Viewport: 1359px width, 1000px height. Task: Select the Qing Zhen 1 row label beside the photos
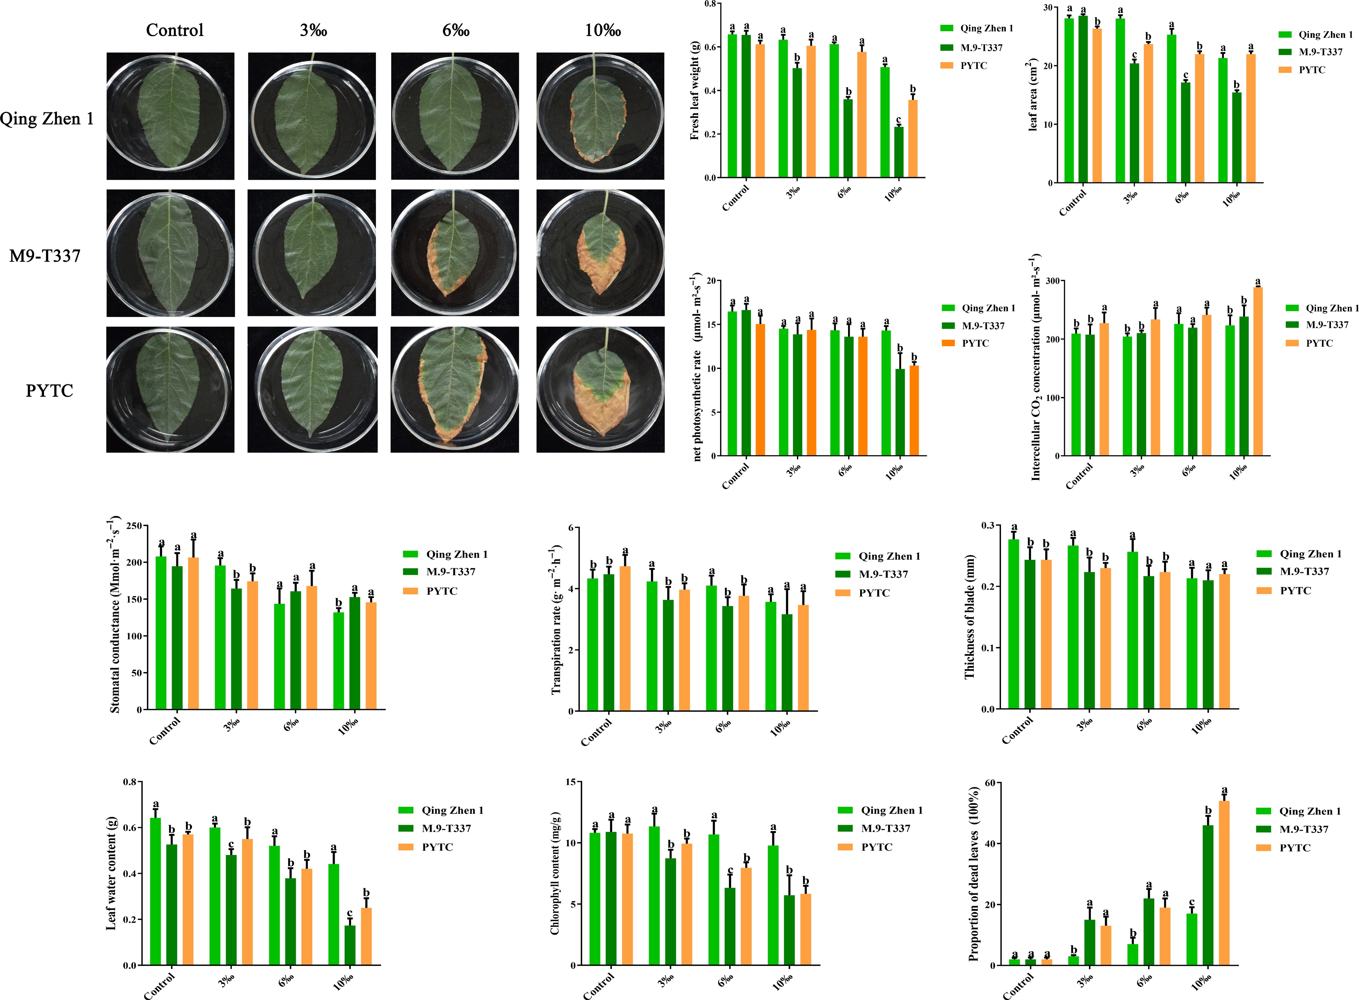click(47, 119)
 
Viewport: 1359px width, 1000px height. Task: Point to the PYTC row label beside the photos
click(49, 391)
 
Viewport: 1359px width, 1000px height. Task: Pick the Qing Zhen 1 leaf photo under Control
click(170, 116)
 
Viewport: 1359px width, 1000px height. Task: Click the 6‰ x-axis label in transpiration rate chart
click(724, 726)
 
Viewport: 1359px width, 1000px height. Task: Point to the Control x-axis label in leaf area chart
click(1073, 202)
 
